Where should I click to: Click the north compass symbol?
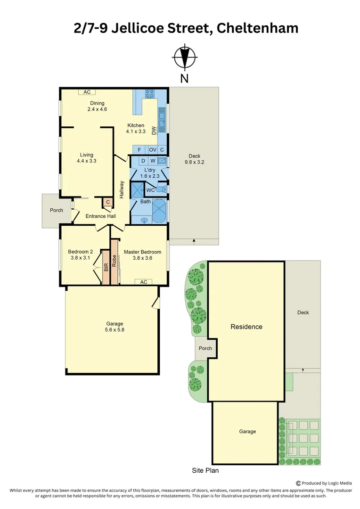point(184,57)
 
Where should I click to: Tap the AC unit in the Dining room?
point(87,92)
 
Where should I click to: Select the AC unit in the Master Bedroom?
point(143,282)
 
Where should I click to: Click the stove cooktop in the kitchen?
point(151,93)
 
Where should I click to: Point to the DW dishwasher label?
point(154,131)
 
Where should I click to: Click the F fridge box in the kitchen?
point(139,149)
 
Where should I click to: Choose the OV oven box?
point(153,149)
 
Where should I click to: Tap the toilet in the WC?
point(161,190)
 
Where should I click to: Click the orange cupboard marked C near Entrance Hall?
point(108,202)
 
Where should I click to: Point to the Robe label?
point(114,261)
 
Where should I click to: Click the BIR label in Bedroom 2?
point(106,267)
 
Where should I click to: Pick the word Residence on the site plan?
point(246,327)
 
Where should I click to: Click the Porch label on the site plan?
point(205,348)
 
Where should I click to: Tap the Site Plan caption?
point(205,470)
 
